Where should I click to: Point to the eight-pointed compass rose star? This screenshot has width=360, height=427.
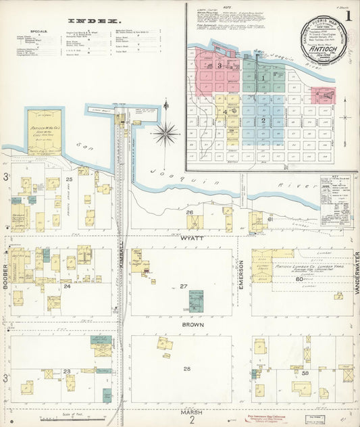[x=165, y=132]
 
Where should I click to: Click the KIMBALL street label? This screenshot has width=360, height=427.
[x=122, y=257]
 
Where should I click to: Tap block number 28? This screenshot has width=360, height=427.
[x=187, y=369]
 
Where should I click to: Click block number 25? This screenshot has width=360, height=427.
[x=69, y=180]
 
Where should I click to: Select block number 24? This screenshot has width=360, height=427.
[x=67, y=286]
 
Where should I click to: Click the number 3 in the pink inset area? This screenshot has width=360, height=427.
[x=220, y=66]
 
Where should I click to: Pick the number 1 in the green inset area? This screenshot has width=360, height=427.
[x=263, y=78]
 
